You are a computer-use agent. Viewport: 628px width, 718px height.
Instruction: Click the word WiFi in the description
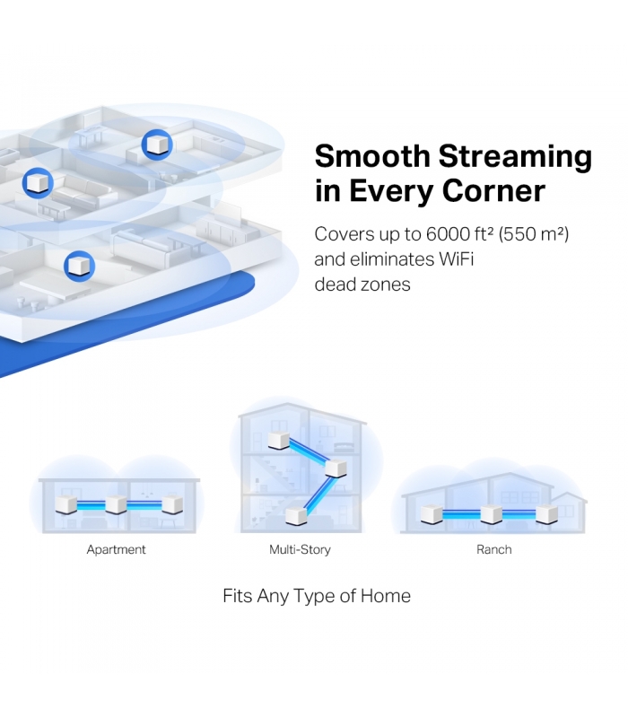pos(456,259)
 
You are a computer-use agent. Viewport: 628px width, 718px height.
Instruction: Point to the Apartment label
pos(116,549)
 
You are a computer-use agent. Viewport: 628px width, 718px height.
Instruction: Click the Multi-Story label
pos(300,549)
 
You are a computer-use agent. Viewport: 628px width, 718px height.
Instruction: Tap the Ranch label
pos(494,549)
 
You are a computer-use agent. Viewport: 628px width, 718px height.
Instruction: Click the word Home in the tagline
pos(386,596)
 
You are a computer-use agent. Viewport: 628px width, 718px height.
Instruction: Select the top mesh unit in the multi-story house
pos(279,440)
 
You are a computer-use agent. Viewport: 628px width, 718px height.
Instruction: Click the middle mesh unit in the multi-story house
pos(336,468)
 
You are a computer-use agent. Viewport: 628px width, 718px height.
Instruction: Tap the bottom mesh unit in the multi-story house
pos(296,515)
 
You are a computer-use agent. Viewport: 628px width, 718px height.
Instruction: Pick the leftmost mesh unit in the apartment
pos(66,504)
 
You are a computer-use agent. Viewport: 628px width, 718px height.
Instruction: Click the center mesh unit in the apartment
pos(116,504)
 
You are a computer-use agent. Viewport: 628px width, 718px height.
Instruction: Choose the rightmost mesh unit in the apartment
pos(172,504)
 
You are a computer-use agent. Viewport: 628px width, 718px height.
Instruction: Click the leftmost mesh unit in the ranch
pos(432,513)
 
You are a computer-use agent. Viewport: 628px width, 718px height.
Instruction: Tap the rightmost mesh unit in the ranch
pos(547,513)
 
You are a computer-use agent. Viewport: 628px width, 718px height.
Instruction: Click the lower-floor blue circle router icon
pos(79,266)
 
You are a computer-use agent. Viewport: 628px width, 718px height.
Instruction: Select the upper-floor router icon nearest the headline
pos(157,144)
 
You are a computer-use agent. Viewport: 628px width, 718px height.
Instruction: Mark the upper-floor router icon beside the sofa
pos(38,183)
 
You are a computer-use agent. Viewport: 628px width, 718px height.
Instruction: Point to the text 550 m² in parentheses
pos(534,234)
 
